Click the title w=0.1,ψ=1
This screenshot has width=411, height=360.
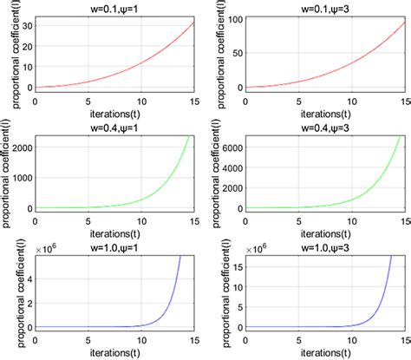(115, 7)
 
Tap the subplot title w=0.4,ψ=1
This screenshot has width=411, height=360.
(115, 127)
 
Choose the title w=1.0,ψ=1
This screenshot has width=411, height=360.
(115, 246)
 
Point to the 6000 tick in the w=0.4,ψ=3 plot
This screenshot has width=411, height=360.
(228, 148)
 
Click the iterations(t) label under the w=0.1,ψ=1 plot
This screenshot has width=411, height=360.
(115, 114)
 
